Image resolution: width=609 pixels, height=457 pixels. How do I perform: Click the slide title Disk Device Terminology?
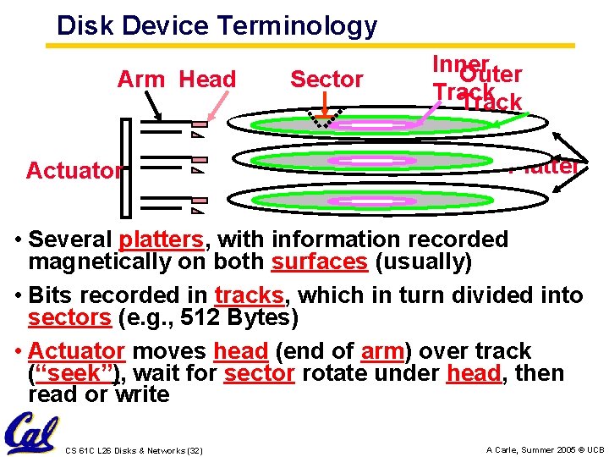click(x=217, y=25)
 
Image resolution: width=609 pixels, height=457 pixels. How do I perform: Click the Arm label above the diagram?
click(x=141, y=80)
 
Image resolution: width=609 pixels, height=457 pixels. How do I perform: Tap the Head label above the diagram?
click(x=208, y=80)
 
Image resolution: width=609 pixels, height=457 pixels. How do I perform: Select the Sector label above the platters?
click(x=326, y=80)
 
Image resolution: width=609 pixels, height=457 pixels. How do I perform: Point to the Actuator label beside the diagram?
click(x=74, y=171)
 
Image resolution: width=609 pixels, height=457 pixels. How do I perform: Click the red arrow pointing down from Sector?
click(x=327, y=111)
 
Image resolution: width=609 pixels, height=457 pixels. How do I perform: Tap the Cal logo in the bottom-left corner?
click(x=30, y=432)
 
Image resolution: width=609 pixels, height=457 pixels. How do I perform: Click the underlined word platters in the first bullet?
click(x=162, y=240)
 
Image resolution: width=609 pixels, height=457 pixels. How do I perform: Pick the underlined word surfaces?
click(x=320, y=262)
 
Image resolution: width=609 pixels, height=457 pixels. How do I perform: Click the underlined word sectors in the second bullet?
click(x=69, y=318)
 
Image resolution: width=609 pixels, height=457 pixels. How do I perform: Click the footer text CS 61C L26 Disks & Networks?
click(x=133, y=449)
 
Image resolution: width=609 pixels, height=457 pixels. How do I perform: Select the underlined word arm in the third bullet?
click(x=381, y=351)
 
